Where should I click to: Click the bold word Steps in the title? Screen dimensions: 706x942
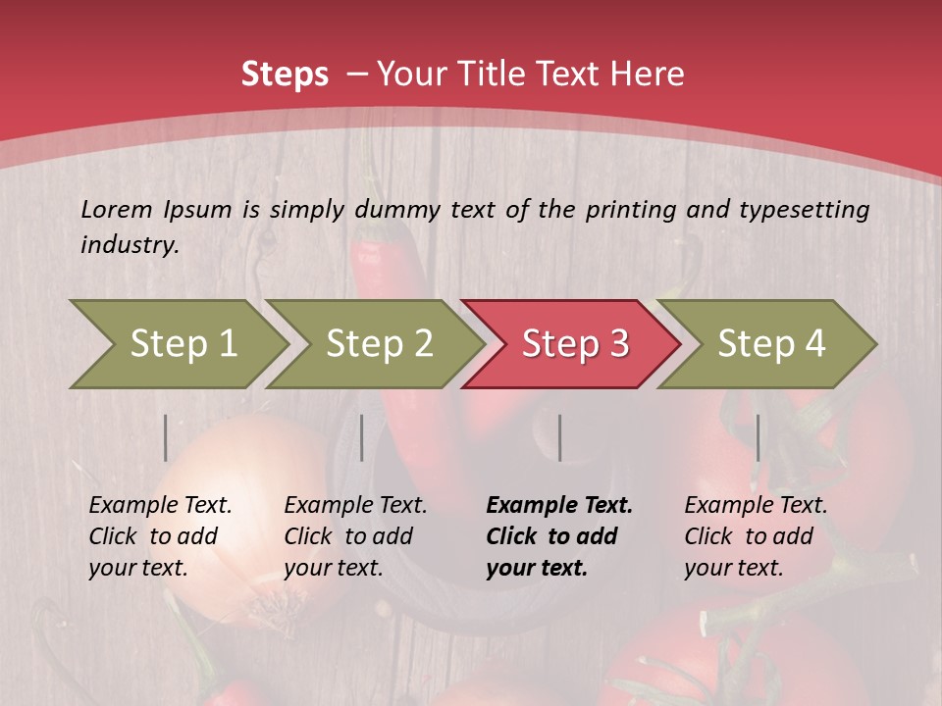(285, 74)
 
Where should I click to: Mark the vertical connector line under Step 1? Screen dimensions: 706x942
(166, 437)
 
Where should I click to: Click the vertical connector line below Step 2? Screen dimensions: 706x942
(362, 437)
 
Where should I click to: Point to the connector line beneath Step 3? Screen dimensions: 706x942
(560, 437)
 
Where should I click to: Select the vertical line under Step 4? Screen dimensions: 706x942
(759, 437)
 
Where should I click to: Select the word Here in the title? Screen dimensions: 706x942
(651, 74)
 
